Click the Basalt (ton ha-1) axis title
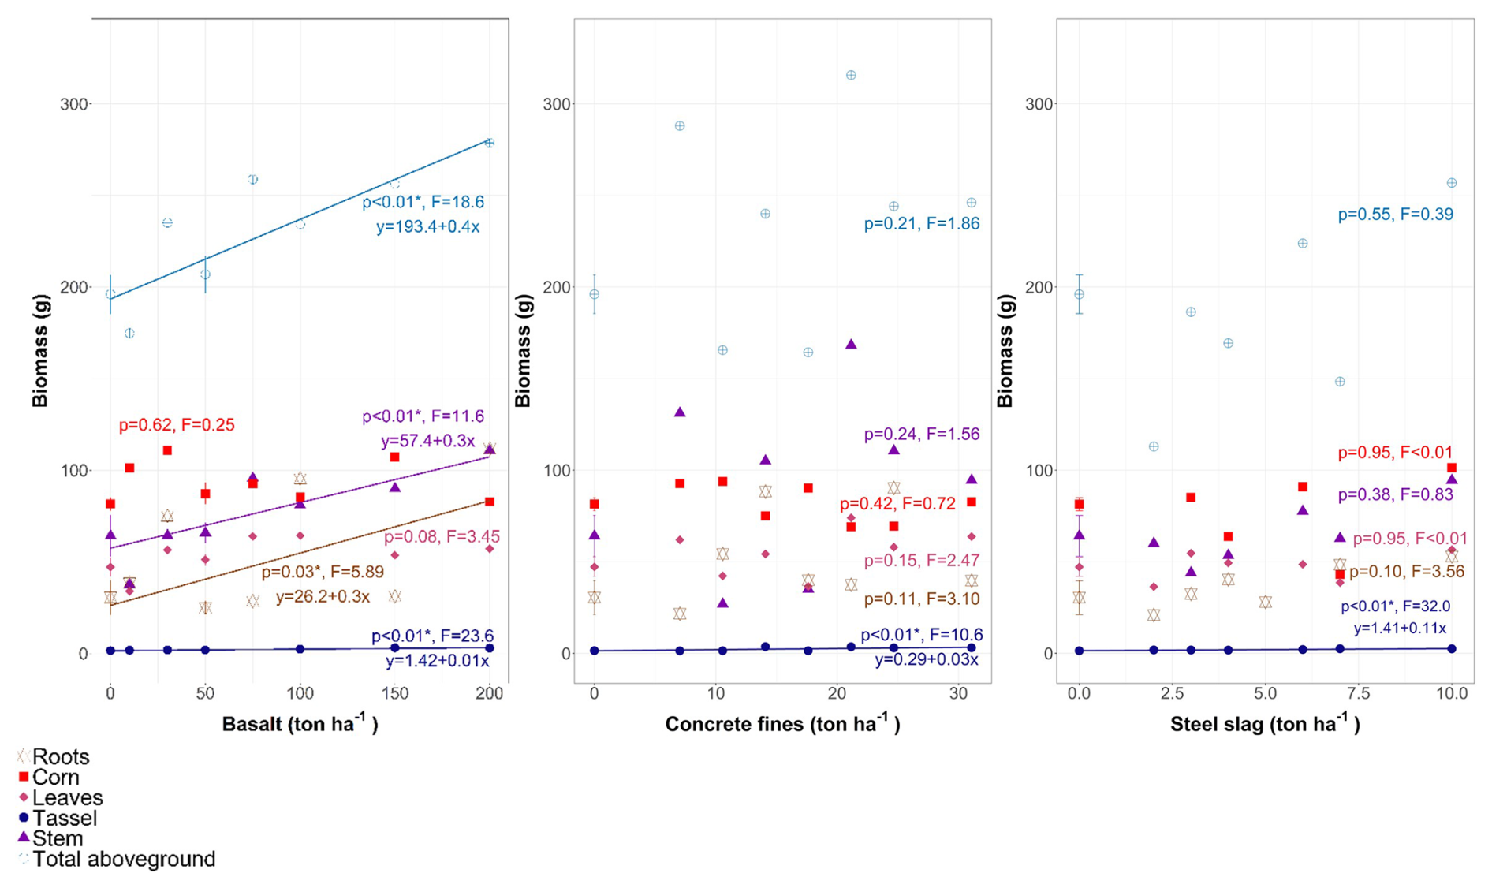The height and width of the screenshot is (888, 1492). click(x=300, y=724)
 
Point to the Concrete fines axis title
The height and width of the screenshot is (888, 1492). click(x=782, y=724)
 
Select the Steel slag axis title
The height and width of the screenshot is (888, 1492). click(x=1265, y=724)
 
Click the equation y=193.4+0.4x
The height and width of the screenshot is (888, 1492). click(x=427, y=227)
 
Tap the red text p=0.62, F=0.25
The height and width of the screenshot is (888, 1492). click(x=177, y=425)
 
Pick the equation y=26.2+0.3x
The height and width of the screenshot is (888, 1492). click(x=323, y=597)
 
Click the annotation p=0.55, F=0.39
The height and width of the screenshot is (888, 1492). click(x=1395, y=215)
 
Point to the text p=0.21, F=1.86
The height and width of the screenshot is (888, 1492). click(x=921, y=224)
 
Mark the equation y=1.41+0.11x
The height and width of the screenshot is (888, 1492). click(x=1400, y=629)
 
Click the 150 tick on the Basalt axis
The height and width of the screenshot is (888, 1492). click(x=395, y=694)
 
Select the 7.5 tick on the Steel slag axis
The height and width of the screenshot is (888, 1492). click(x=1358, y=694)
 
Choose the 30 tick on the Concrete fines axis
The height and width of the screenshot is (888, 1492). click(x=958, y=694)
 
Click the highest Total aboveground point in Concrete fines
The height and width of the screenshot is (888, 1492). click(x=851, y=76)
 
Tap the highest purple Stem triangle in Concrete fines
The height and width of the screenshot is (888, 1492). click(x=851, y=345)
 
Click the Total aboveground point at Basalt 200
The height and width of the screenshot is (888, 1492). click(x=490, y=143)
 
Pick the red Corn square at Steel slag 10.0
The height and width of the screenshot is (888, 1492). click(x=1452, y=468)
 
